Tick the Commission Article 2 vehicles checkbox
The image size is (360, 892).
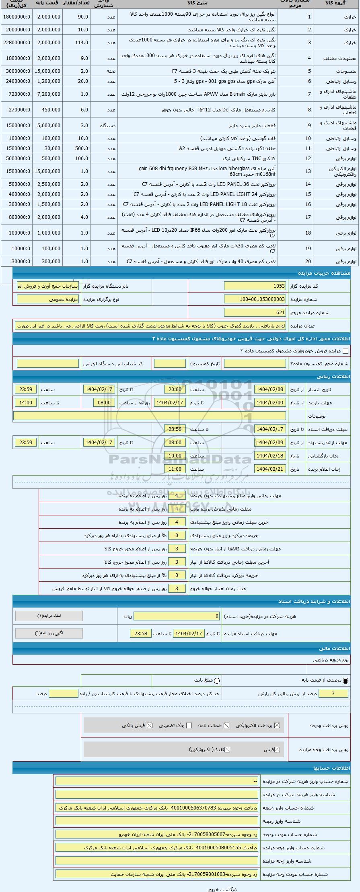click(x=345, y=351)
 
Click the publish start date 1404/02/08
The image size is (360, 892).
click(x=271, y=389)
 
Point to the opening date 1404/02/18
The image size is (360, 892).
click(x=271, y=456)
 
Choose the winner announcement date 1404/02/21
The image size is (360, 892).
click(x=271, y=469)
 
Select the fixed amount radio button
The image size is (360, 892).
click(x=217, y=680)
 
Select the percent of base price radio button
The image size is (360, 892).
click(x=346, y=680)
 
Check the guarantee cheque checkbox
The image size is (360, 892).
click(x=189, y=725)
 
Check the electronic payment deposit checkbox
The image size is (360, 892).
click(x=276, y=725)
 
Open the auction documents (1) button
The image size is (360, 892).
click(x=49, y=616)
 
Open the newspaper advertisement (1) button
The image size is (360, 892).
click(x=49, y=633)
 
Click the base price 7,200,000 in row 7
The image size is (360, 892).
click(x=48, y=94)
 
